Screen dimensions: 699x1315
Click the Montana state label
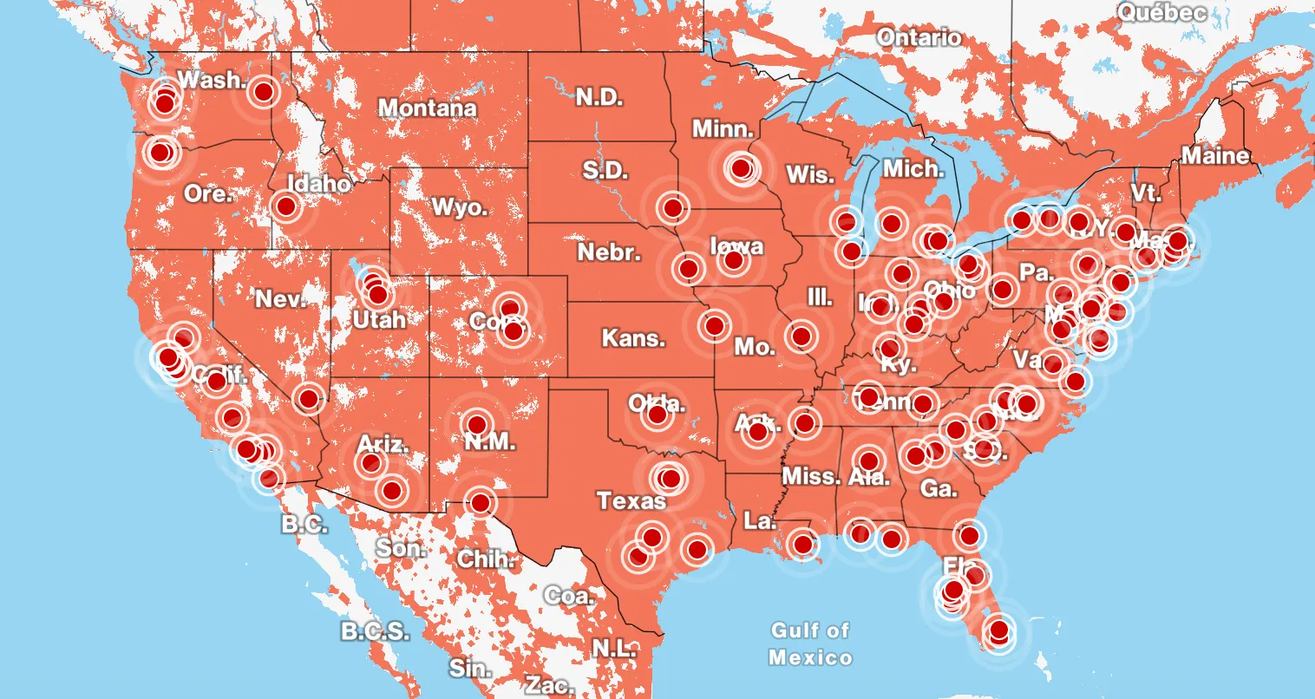[428, 108]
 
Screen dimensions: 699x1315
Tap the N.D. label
[599, 97]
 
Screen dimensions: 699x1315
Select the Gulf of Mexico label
[810, 643]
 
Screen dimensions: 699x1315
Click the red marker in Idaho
[285, 206]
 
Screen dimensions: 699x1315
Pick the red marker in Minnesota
[741, 167]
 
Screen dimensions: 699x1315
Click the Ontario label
[919, 37]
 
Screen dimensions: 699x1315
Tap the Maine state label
[1215, 156]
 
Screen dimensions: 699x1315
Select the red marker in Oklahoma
[657, 416]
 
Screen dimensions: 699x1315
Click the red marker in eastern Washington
[264, 90]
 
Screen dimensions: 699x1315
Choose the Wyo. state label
[460, 208]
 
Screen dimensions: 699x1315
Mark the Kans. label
[633, 337]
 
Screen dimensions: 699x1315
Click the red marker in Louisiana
[803, 545]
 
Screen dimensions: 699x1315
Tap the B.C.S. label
[374, 630]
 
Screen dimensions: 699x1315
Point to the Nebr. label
[609, 253]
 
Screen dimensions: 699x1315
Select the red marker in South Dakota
[672, 207]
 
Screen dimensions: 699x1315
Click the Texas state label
[631, 500]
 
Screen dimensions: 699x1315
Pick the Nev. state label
[280, 299]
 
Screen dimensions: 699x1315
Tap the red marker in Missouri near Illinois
[801, 335]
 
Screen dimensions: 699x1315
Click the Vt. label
[1145, 193]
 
